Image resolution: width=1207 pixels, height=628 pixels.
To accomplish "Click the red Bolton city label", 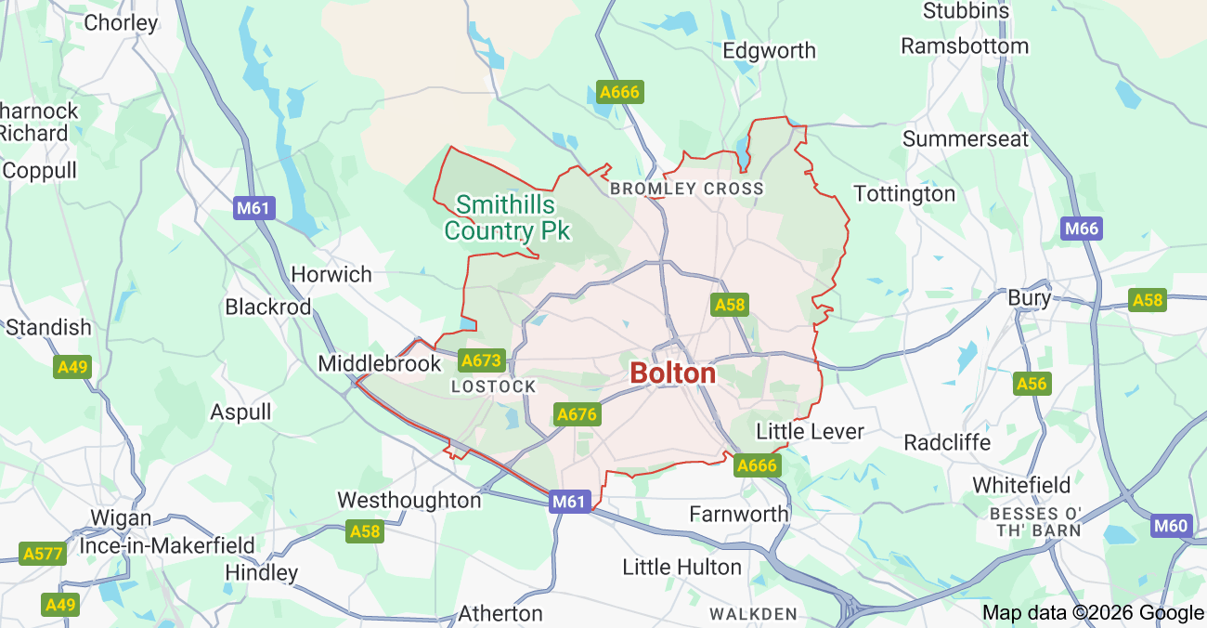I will pos(672,373).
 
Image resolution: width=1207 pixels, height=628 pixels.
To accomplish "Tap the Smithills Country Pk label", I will pos(506,217).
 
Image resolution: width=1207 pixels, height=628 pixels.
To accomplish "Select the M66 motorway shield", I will pos(1082,229).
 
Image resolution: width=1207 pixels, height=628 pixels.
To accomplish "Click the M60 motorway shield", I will pos(1171,527).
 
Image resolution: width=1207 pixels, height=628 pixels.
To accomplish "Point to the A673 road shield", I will pos(481,360).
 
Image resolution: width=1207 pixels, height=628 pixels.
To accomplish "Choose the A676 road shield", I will pos(576,414).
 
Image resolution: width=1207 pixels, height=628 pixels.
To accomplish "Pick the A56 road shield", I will pos(1032,384).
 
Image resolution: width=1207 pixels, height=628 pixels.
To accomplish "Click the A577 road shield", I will pos(43,555).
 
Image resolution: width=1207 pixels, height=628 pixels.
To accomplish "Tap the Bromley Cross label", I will pos(686,189).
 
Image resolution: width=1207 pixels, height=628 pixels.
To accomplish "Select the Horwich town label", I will pos(331,274).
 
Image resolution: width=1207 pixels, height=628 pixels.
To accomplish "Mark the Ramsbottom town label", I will pos(965,46).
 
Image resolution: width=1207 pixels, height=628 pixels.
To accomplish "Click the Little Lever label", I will pos(811,431).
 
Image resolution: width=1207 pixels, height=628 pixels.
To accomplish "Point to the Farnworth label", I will pos(739,513).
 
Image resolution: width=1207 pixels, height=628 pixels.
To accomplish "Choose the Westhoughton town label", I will pos(409,500).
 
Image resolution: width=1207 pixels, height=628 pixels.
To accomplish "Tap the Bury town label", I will pos(1029,298).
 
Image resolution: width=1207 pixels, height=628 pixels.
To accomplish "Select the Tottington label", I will pos(904,193).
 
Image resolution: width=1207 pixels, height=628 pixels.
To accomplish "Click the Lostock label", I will pos(493,386).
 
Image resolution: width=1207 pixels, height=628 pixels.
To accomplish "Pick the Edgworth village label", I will pos(769,50).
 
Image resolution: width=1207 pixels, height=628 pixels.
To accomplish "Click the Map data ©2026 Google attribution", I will pos(1093,612).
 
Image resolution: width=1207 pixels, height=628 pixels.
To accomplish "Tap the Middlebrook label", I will pos(380,363).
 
